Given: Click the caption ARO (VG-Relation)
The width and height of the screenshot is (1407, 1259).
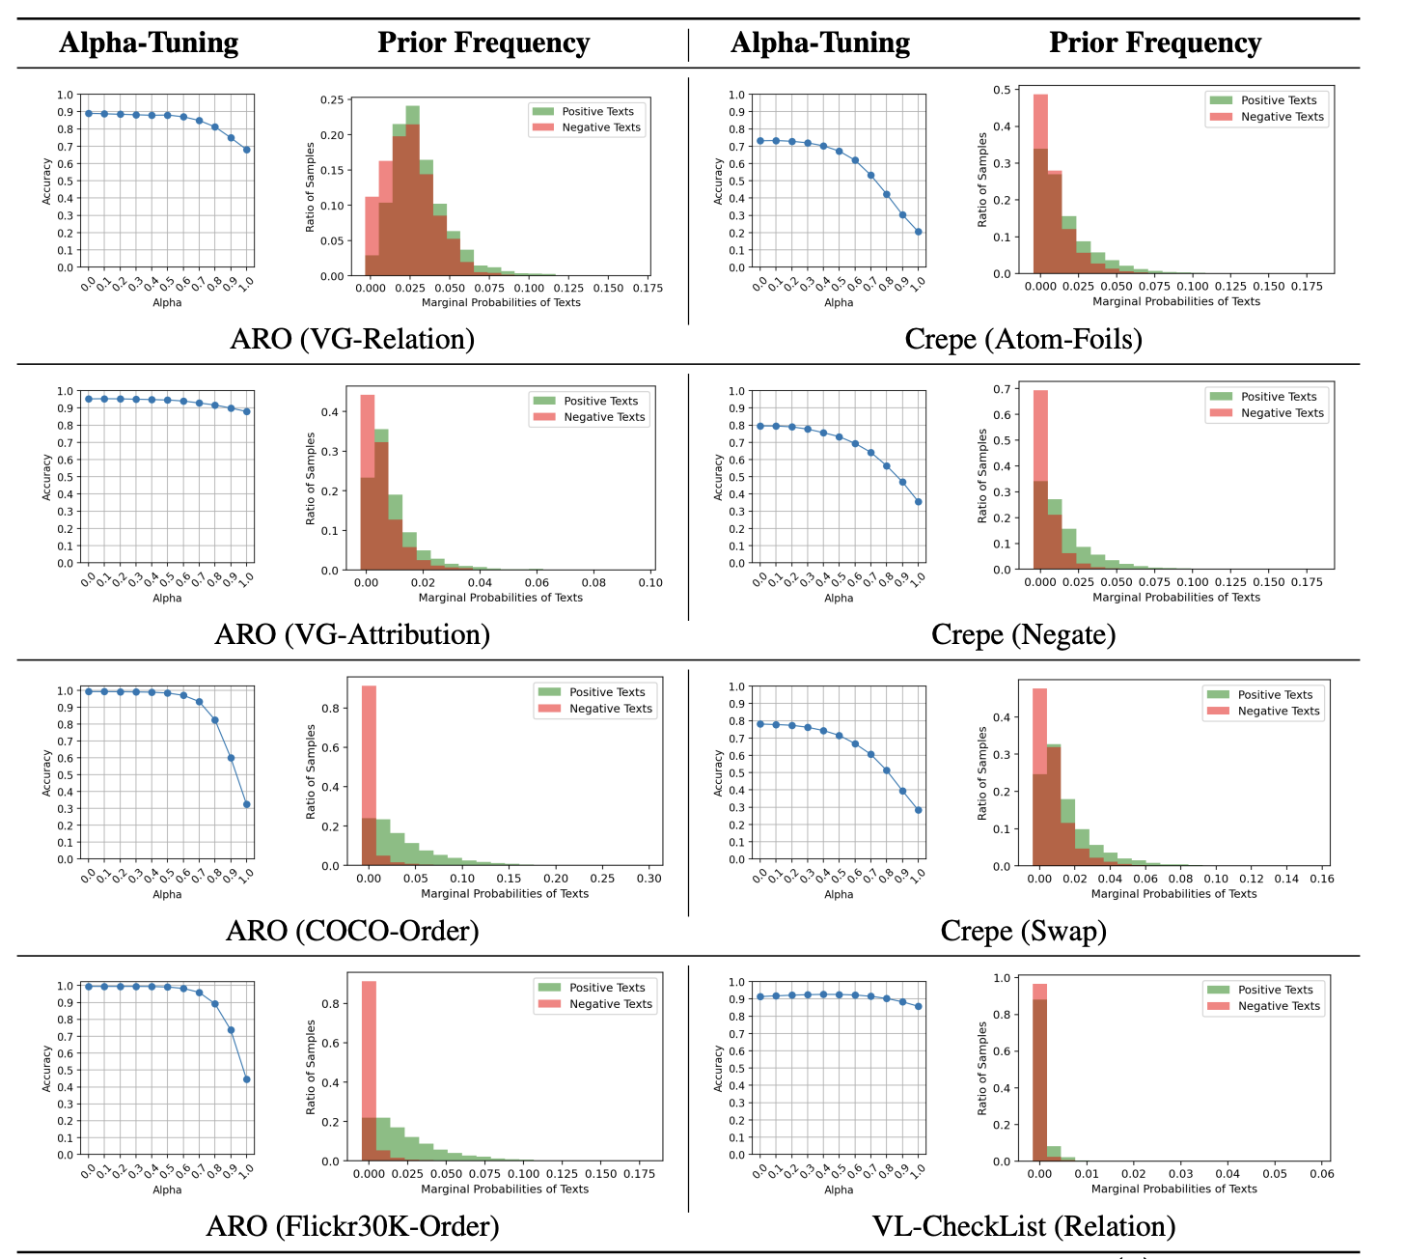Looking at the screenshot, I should (x=352, y=339).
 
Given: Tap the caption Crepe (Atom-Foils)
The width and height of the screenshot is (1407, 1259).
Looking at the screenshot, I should (x=1023, y=339).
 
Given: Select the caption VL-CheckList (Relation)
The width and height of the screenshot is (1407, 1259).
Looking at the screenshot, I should (x=1023, y=1226).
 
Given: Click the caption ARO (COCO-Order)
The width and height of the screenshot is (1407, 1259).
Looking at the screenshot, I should (x=352, y=931).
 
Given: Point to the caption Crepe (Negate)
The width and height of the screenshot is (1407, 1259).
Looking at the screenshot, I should (x=1023, y=634).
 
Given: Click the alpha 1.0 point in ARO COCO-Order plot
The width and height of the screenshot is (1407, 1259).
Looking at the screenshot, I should (x=247, y=804).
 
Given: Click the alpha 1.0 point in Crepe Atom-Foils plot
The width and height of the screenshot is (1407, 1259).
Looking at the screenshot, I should (x=918, y=232).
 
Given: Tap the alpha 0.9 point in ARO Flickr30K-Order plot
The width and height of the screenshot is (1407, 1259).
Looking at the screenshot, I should (x=231, y=1030).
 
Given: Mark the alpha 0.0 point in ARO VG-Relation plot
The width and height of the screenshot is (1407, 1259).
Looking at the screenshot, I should (x=89, y=113).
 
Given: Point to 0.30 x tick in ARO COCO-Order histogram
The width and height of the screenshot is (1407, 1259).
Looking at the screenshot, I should (x=649, y=880).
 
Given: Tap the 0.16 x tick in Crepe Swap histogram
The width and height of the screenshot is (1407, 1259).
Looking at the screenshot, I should (x=1322, y=880).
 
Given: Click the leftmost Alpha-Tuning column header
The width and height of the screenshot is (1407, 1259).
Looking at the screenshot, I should (x=149, y=42).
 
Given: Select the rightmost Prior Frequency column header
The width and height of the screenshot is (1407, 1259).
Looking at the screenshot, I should (x=1154, y=42).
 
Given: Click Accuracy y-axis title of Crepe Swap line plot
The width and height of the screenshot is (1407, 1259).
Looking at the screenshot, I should (x=718, y=773).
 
